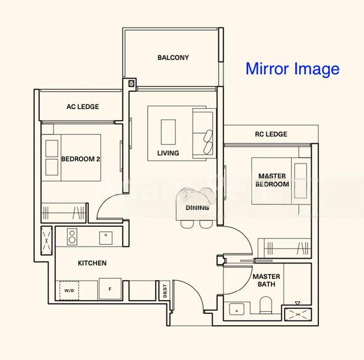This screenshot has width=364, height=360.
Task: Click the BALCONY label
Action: click(173, 58)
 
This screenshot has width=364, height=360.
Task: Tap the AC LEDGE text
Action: click(83, 107)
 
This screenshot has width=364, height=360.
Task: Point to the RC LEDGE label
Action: click(271, 134)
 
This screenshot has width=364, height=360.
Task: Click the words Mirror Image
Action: click(293, 69)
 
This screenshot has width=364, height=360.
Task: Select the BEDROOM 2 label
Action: click(80, 159)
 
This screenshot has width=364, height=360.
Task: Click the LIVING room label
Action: click(168, 153)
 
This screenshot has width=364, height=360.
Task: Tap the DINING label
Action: click(198, 208)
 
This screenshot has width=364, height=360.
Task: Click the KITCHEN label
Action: click(92, 263)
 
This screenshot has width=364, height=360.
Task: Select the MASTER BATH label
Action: click(265, 280)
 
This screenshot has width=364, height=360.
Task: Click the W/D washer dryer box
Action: click(69, 290)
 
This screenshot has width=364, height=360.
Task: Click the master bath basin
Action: click(236, 310)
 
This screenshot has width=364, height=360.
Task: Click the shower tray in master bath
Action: click(297, 311)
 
